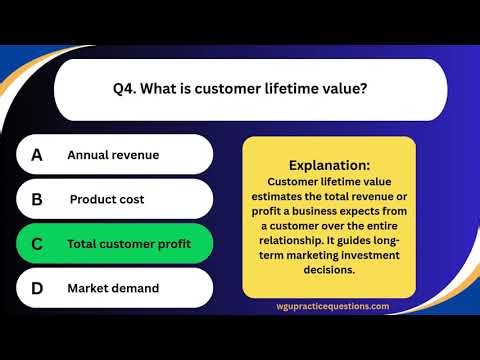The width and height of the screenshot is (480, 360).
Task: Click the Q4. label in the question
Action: point(124,89)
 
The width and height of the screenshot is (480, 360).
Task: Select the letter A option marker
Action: point(37,155)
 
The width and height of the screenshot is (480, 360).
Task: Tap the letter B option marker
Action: point(37,199)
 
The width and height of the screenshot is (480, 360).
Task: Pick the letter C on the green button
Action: point(37,244)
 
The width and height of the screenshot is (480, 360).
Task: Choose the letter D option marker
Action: point(37,288)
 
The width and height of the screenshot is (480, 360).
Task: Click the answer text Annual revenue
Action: point(113,155)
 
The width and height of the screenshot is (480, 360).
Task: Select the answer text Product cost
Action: point(107,199)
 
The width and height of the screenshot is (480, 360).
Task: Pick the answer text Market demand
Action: point(113,288)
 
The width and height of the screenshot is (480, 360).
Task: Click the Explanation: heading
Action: point(329,165)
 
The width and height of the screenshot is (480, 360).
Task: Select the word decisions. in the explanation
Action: point(328,269)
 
